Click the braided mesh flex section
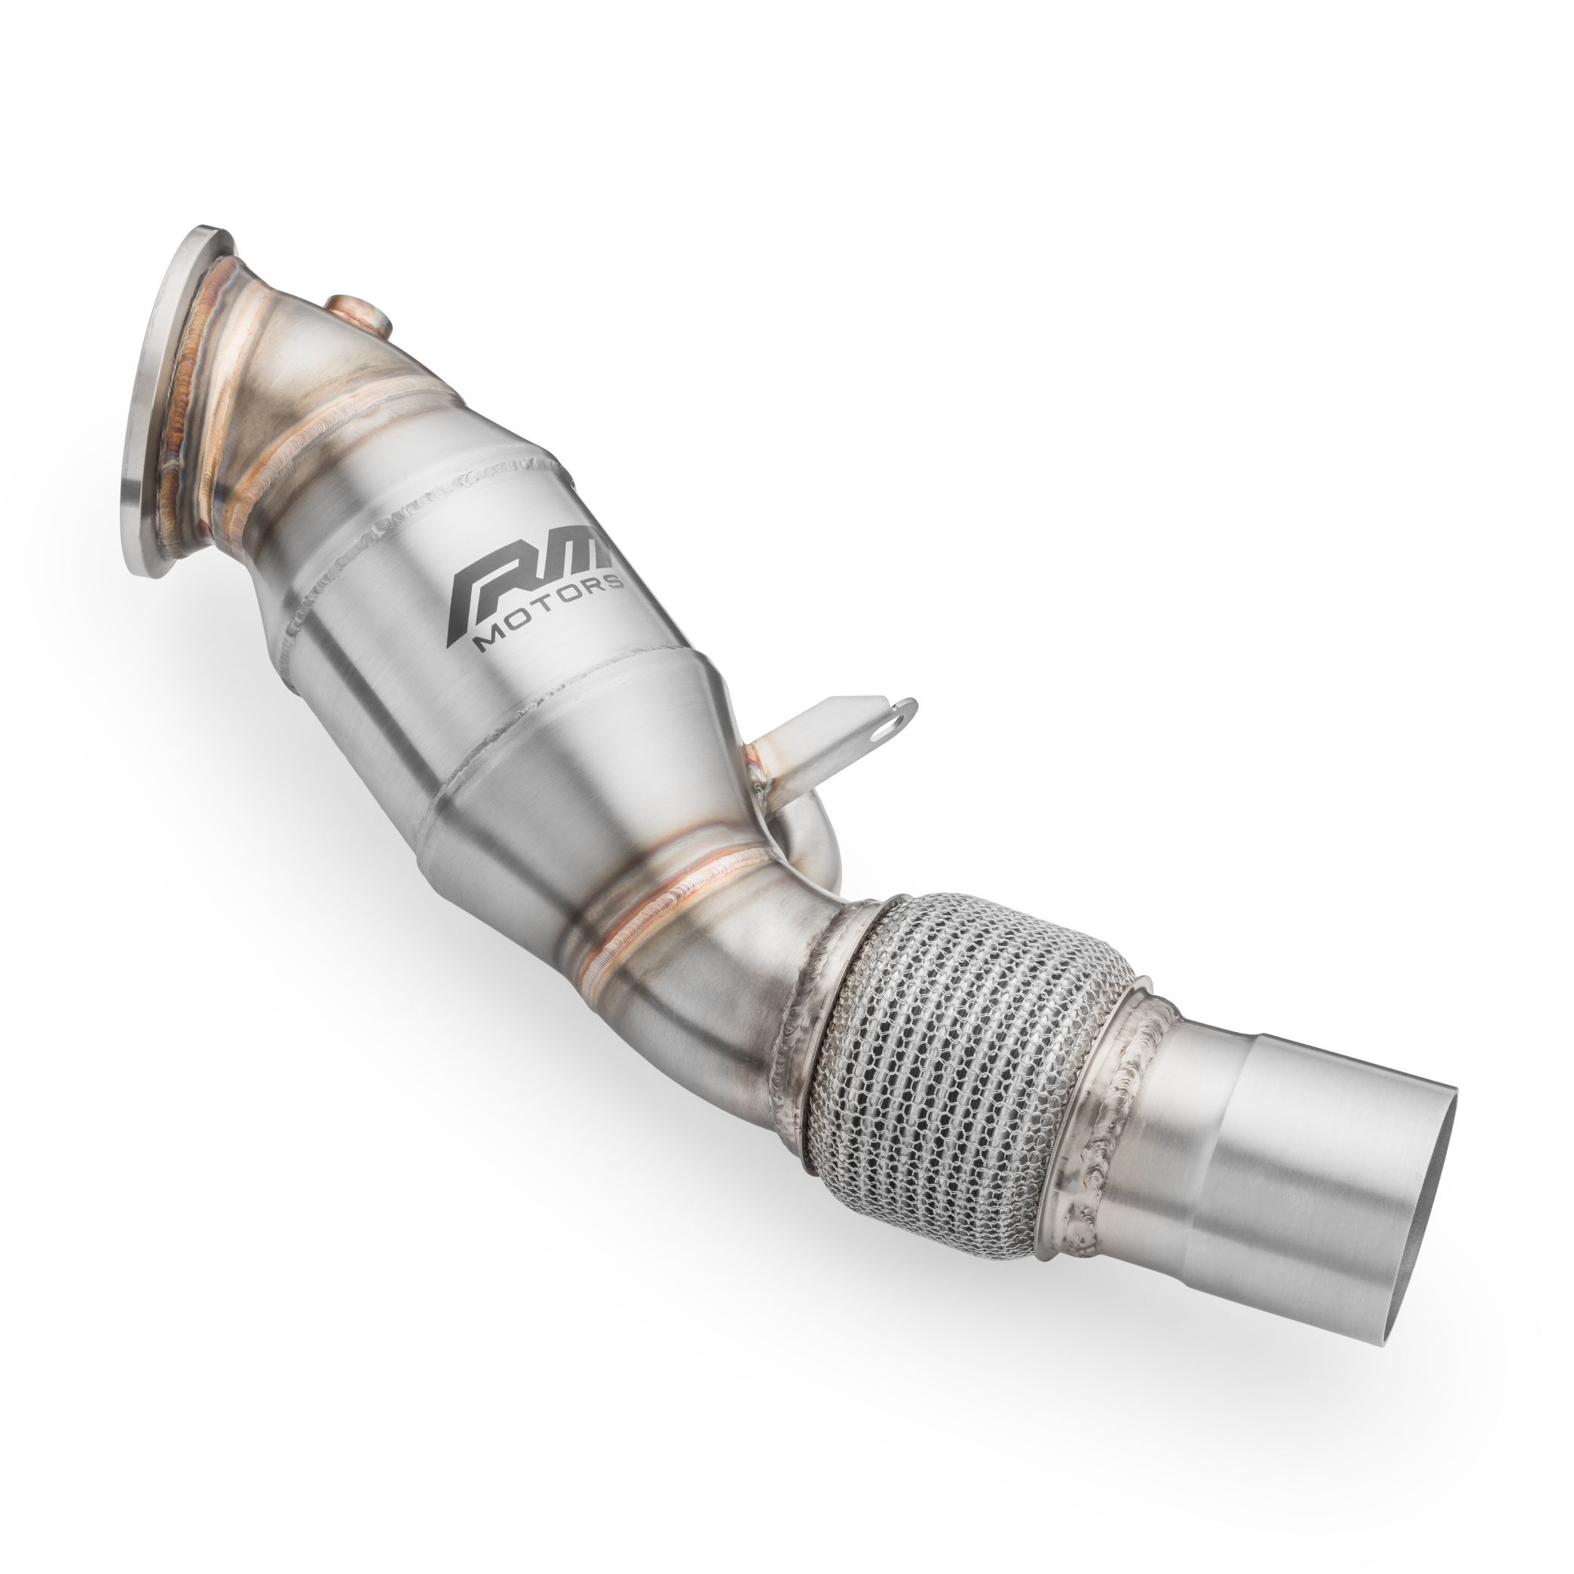tap(969, 1051)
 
